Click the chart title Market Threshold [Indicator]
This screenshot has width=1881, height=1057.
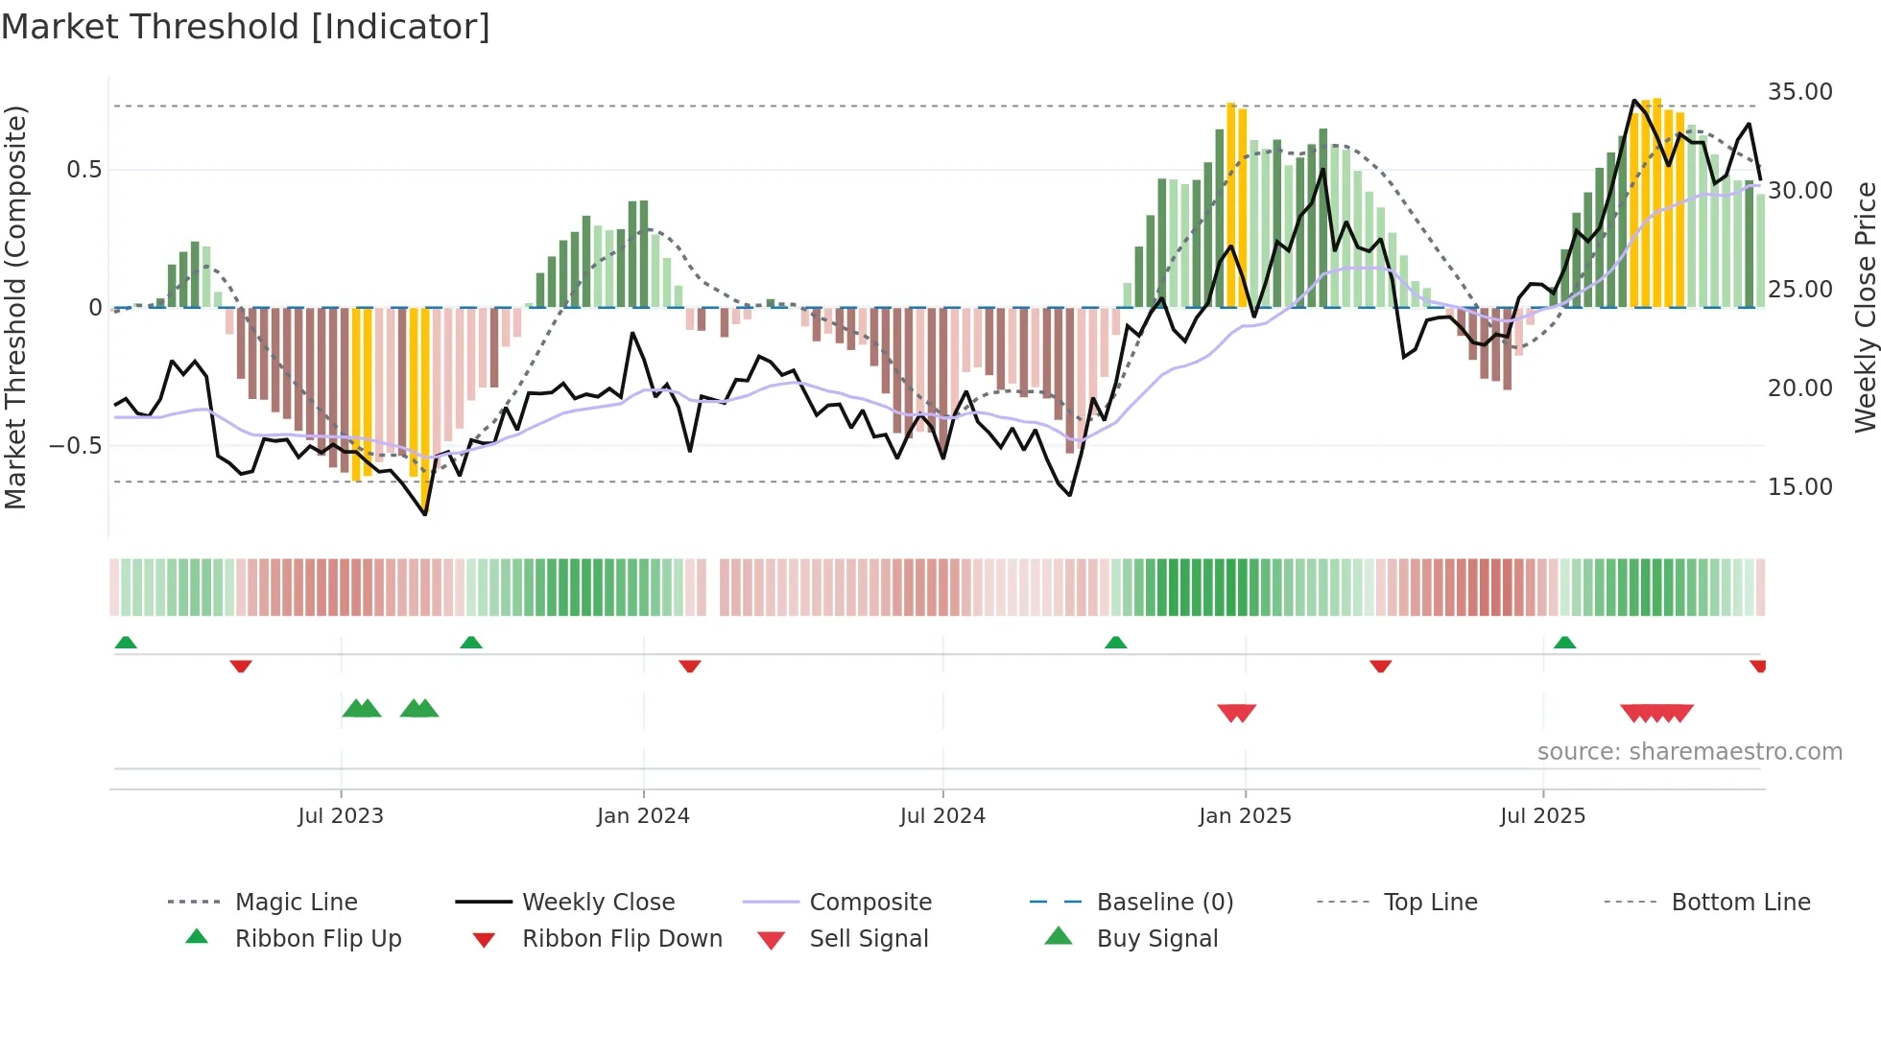tap(246, 27)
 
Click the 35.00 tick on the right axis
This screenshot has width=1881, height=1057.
tap(1799, 92)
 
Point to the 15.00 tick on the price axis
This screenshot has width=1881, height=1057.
tap(1799, 487)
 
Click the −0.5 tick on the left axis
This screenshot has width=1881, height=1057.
tap(75, 446)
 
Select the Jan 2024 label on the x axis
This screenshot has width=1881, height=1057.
tap(643, 816)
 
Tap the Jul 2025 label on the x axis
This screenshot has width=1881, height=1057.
tap(1542, 816)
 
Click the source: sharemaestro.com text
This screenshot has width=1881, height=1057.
tap(1689, 752)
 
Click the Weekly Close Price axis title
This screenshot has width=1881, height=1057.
tap(1865, 307)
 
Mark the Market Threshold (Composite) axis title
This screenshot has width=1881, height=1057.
tap(15, 307)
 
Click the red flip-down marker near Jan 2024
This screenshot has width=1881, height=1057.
tap(689, 666)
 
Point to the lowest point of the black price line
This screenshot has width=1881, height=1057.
tap(425, 514)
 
